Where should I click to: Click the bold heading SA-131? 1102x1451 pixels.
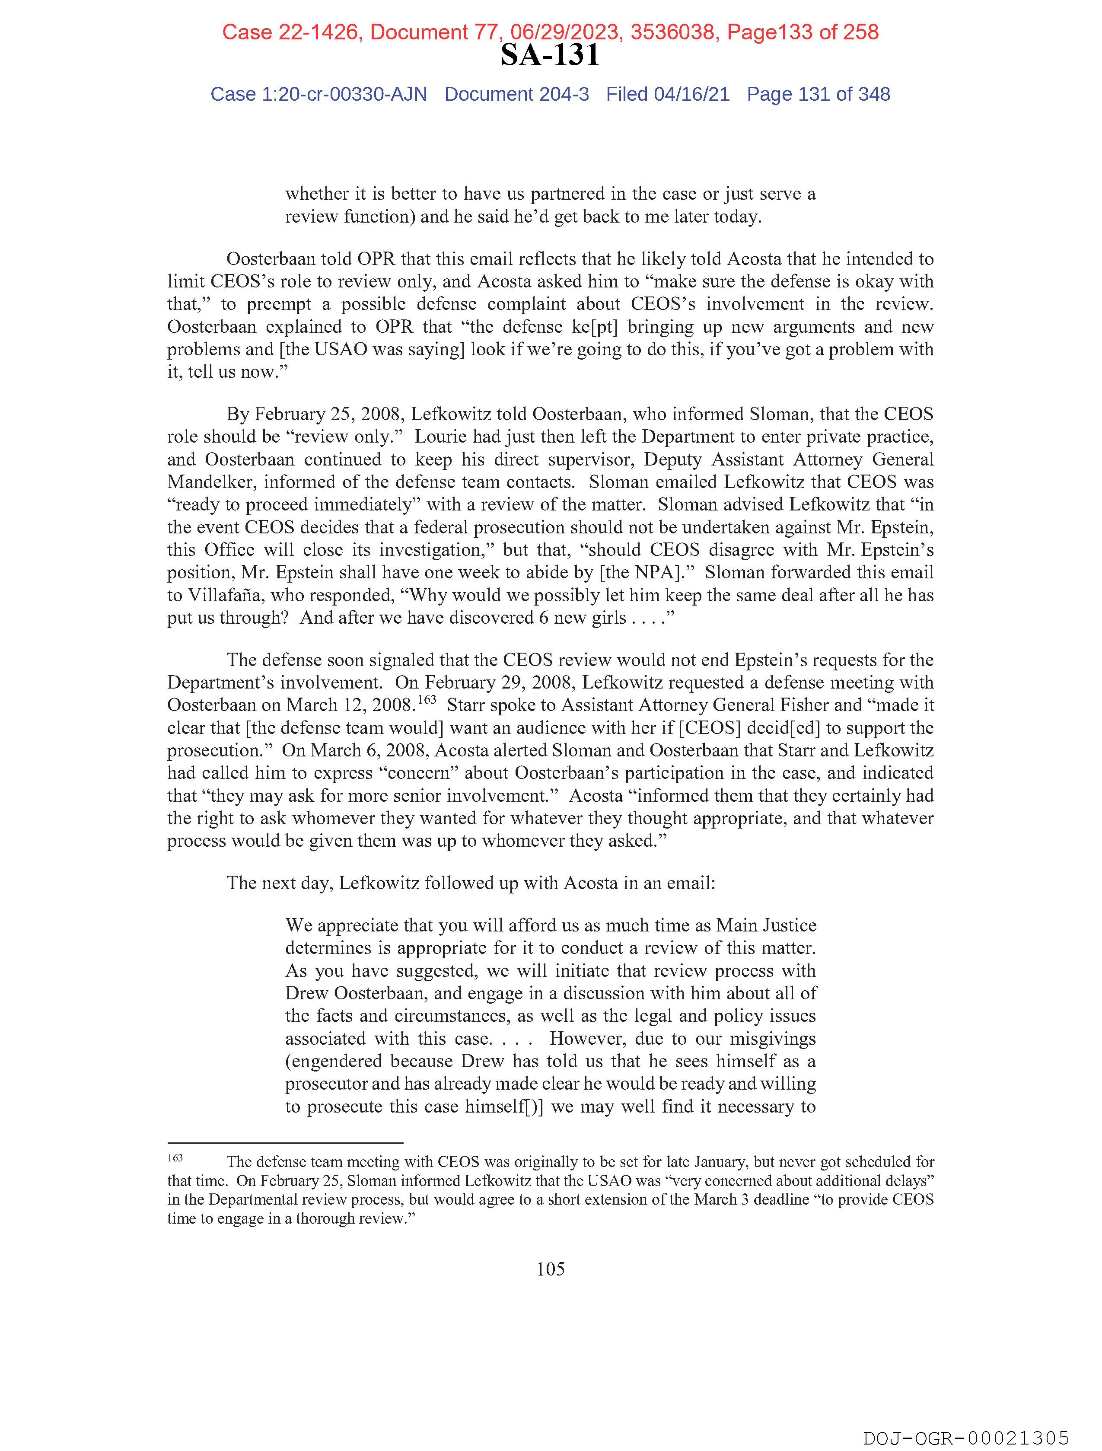point(550,55)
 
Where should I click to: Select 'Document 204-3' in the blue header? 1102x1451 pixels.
point(516,95)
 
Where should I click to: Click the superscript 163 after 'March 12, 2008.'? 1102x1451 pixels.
point(427,699)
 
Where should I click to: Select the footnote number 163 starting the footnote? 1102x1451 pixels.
point(175,1158)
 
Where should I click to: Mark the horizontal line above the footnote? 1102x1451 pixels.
point(285,1143)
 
